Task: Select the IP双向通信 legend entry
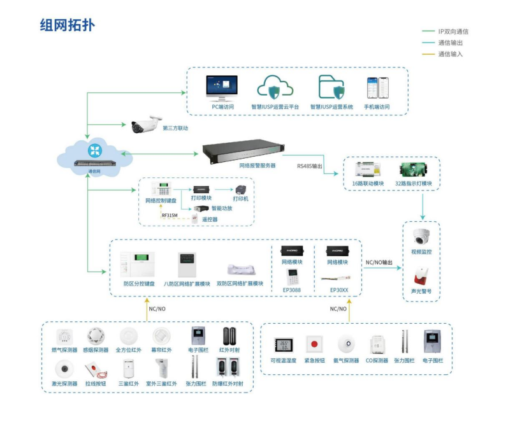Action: [453, 31]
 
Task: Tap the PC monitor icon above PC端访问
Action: [222, 87]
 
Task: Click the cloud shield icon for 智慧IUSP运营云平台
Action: [275, 87]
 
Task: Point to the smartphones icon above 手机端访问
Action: [377, 88]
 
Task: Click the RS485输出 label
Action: [310, 166]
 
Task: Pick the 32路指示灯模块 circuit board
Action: [413, 170]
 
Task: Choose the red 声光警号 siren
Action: [421, 275]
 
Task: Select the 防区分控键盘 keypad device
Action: [138, 263]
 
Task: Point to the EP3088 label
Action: [292, 291]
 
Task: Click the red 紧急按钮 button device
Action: [314, 345]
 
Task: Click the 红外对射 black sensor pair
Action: [229, 336]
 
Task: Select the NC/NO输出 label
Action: [379, 262]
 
